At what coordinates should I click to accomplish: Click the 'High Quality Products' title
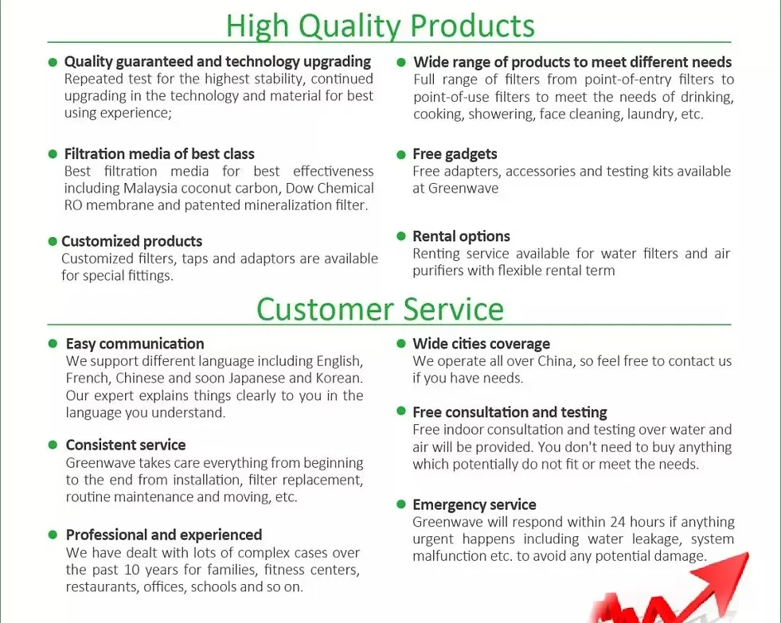pyautogui.click(x=380, y=26)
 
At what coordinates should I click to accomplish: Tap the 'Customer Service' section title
pyautogui.click(x=380, y=309)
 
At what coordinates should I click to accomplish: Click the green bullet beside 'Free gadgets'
pyautogui.click(x=401, y=154)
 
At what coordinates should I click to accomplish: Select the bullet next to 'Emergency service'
pyautogui.click(x=401, y=504)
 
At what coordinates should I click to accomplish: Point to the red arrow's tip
pyautogui.click(x=748, y=552)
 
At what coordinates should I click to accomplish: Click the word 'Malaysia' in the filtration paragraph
pyautogui.click(x=150, y=189)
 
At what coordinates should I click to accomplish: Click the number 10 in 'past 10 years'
pyautogui.click(x=132, y=570)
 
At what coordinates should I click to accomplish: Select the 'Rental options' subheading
pyautogui.click(x=461, y=236)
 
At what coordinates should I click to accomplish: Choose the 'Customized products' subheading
pyautogui.click(x=132, y=241)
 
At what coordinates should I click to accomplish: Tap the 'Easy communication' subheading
pyautogui.click(x=135, y=344)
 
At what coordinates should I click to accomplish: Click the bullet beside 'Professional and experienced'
pyautogui.click(x=53, y=535)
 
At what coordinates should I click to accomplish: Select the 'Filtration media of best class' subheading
pyautogui.click(x=159, y=154)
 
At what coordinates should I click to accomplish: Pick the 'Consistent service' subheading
pyautogui.click(x=126, y=445)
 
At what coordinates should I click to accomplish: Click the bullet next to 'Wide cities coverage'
pyautogui.click(x=401, y=344)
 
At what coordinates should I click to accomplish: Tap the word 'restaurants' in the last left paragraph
pyautogui.click(x=103, y=587)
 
